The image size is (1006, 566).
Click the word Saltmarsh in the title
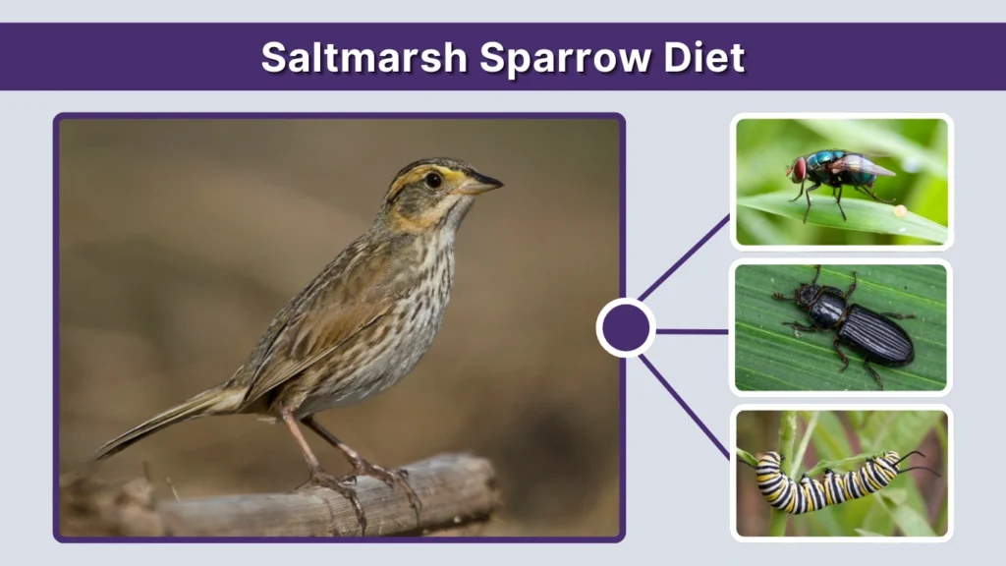363,58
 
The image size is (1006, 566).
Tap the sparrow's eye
432,180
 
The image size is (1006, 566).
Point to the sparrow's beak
483,183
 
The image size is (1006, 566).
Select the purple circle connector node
626,328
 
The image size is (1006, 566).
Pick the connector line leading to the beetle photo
692,331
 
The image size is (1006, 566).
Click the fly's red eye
800,169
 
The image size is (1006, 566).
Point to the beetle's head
809,294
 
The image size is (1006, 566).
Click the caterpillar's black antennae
912,460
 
